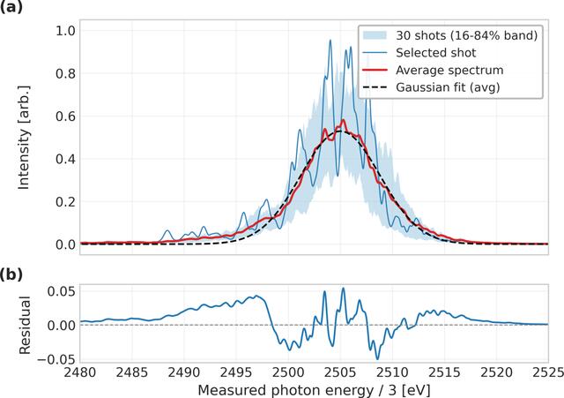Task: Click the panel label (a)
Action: pos(11,7)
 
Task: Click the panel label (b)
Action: pos(11,274)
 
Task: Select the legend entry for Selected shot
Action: pos(419,53)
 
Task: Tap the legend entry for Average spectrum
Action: pos(433,70)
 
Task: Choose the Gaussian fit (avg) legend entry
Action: pos(431,87)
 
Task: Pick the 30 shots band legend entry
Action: pos(450,35)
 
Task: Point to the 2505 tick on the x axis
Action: pos(340,372)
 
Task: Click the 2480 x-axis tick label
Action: pos(80,372)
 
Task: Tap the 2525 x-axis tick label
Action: pos(547,372)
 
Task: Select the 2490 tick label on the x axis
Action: pos(184,372)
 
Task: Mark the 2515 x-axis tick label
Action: pos(444,372)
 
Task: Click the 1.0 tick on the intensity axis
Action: pos(65,31)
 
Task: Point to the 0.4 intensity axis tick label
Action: pos(65,159)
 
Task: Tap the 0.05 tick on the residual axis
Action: pos(61,291)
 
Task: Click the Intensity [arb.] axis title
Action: pos(24,138)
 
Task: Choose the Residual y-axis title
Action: pos(25,326)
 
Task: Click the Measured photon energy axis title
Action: pos(314,390)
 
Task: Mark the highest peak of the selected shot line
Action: pos(330,41)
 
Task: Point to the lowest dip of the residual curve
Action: pos(377,359)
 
